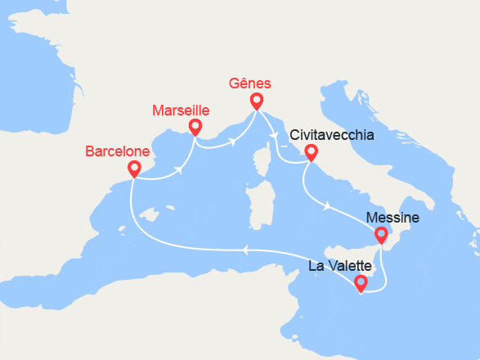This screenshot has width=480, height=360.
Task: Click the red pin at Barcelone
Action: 134,168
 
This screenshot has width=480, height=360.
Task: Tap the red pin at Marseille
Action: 195,126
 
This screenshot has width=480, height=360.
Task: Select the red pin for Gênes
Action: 256,101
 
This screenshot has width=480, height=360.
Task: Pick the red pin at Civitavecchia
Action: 311,151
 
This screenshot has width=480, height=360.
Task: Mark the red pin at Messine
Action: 381,235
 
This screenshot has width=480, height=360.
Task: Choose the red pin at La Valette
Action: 361,283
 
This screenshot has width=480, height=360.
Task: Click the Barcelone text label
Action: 118,151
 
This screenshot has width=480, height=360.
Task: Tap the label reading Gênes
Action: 250,83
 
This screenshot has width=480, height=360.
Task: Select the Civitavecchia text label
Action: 333,135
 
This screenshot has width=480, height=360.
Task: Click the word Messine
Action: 393,218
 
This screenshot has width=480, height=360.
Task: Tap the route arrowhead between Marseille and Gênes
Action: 232,142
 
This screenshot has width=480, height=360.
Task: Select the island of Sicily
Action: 352,249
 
